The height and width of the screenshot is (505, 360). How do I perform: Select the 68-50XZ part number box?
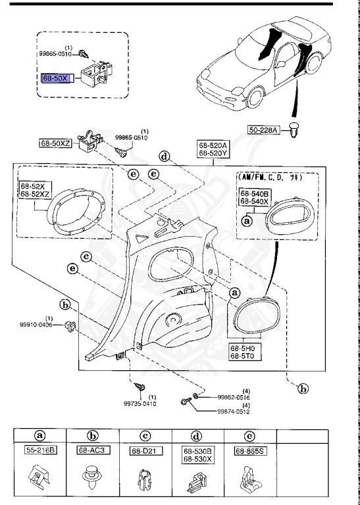coord(57,141)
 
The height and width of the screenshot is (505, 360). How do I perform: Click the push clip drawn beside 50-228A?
coord(294,133)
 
